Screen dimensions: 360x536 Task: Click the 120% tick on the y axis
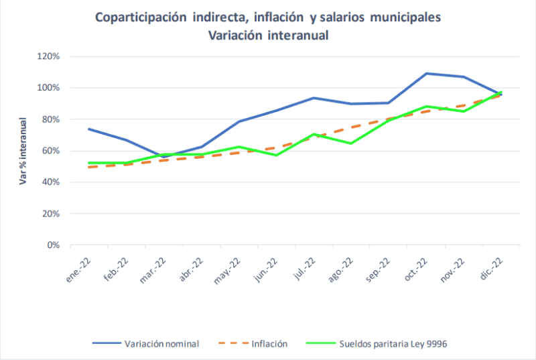(x=50, y=56)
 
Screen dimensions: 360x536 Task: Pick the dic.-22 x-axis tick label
(x=492, y=268)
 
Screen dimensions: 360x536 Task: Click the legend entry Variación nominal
(x=161, y=343)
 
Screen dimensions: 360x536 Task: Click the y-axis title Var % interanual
(x=23, y=151)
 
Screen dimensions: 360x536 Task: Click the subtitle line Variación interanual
(x=268, y=36)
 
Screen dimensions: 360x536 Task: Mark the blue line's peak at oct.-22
(x=426, y=74)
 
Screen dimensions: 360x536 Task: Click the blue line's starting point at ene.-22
(x=88, y=129)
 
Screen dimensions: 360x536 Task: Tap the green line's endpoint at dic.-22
(x=501, y=93)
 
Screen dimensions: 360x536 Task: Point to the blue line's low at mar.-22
(x=163, y=157)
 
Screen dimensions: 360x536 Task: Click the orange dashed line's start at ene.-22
(x=88, y=167)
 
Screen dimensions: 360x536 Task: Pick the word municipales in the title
(x=403, y=17)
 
